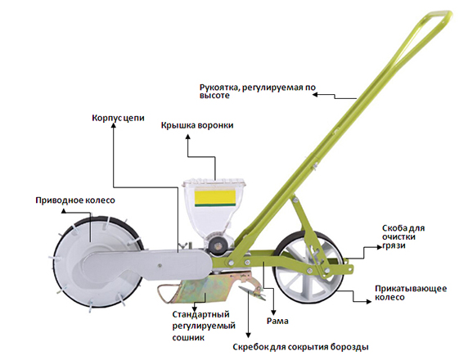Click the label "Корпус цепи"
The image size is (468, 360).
pos(118,118)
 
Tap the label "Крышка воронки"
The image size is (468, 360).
pos(197,125)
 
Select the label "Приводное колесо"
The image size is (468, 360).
pos(75,200)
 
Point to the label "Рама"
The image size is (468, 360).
pos(277,322)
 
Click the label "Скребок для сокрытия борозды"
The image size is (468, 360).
pos(300,347)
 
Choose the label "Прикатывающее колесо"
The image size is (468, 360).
pos(411,293)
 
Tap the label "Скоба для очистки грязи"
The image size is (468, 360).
pos(403,237)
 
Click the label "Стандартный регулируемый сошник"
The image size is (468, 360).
pos(204,326)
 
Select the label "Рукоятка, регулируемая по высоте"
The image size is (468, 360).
pos(258,92)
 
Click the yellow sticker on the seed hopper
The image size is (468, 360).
pos(215,196)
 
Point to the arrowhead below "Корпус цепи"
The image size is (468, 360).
pos(113,126)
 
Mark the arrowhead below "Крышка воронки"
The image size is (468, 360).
pos(187,137)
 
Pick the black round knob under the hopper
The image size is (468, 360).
pos(216,245)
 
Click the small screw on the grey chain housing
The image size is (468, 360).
pos(160,264)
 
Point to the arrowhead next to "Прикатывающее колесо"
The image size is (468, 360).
pos(369,301)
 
